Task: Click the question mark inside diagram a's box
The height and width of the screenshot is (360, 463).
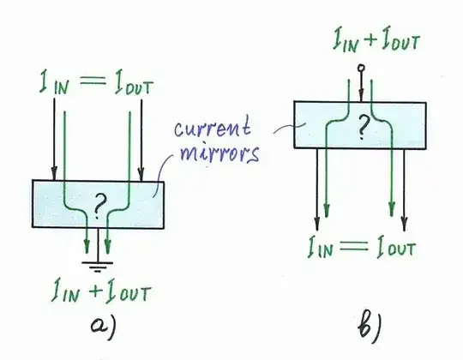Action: point(100,204)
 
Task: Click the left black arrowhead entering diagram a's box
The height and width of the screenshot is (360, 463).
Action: point(55,172)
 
